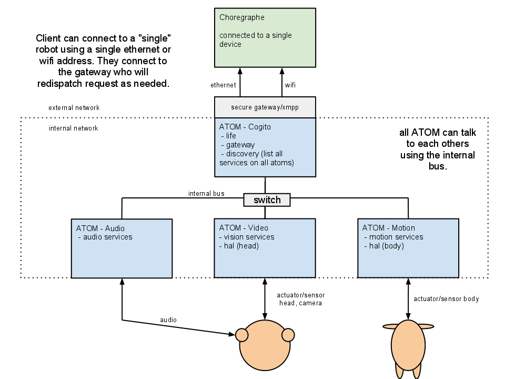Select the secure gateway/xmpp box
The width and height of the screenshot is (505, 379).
pyautogui.click(x=265, y=107)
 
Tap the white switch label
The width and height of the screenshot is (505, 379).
pyautogui.click(x=267, y=200)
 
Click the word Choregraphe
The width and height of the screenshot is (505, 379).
pyautogui.click(x=242, y=17)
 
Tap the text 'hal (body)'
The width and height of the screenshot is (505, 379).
pyautogui.click(x=386, y=246)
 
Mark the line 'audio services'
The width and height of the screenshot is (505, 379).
pyautogui.click(x=108, y=237)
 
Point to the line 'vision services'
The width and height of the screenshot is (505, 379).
pyautogui.click(x=249, y=237)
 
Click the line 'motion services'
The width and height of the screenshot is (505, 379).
pyautogui.click(x=396, y=237)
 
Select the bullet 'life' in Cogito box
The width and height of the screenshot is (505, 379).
pyautogui.click(x=231, y=136)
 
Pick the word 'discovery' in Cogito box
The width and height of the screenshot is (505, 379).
pyautogui.click(x=243, y=154)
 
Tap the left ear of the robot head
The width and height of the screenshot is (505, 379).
pyautogui.click(x=242, y=335)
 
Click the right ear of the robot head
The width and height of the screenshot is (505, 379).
pyautogui.click(x=288, y=335)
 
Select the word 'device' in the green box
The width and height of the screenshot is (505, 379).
pyautogui.click(x=230, y=44)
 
